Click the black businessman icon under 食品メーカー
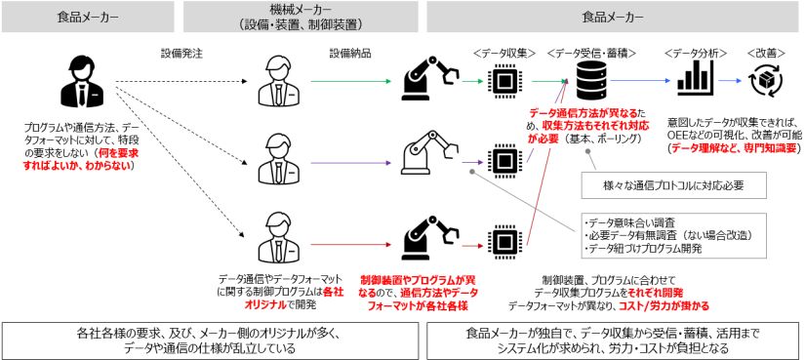click(x=82, y=79)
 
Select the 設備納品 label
click(x=348, y=53)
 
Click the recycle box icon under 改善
click(x=765, y=81)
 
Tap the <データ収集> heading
click(x=504, y=54)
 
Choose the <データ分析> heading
click(x=695, y=54)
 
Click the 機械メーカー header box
click(x=302, y=17)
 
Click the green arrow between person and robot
click(x=350, y=81)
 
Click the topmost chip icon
click(x=504, y=81)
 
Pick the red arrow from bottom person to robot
click(x=350, y=244)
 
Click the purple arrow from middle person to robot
click(x=350, y=163)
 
